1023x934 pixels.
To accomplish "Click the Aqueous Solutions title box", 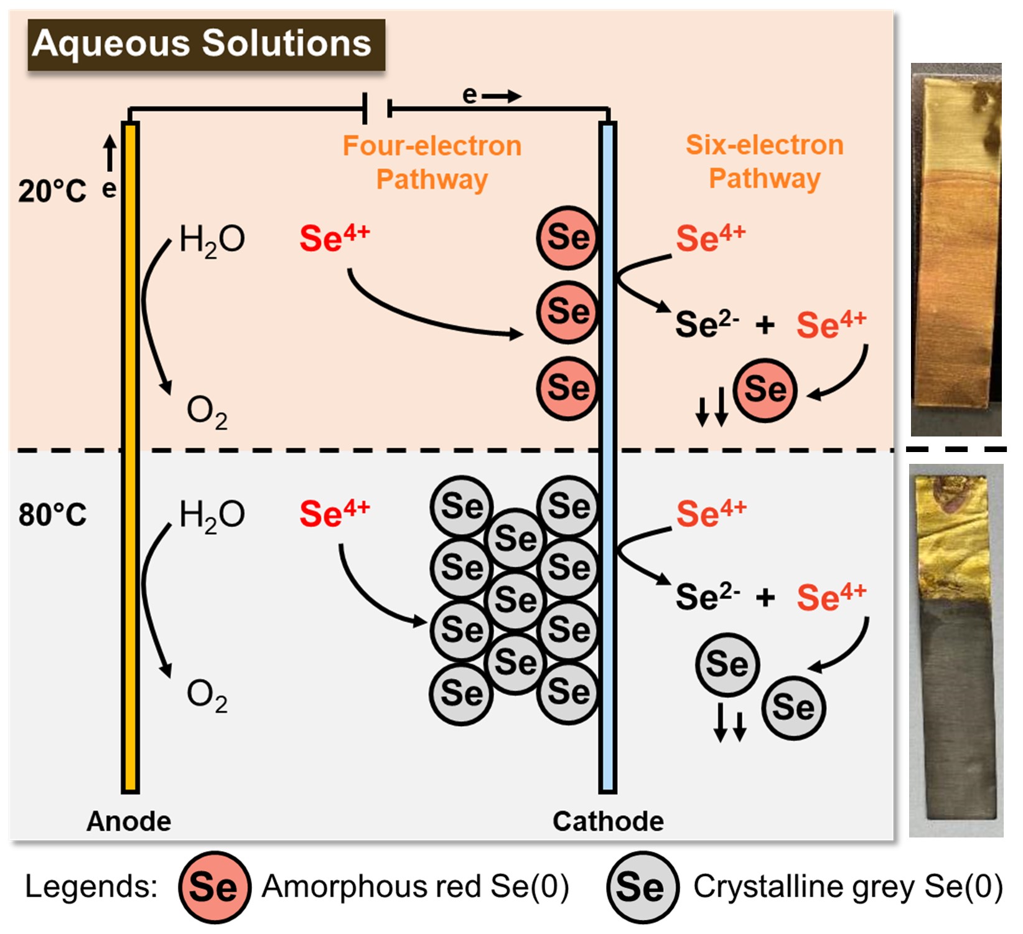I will click(x=206, y=44).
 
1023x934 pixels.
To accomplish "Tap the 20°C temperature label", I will click(x=52, y=191).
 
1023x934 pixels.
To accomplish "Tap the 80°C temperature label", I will click(x=52, y=515).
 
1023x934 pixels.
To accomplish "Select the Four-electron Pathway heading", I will click(x=432, y=162).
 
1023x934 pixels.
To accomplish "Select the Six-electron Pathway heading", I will click(x=765, y=161).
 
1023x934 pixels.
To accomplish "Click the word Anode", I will click(x=129, y=821).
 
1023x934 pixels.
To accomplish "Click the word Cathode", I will click(x=608, y=821).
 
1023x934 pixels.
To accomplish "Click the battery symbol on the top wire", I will click(x=377, y=108).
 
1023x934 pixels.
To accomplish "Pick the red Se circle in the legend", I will click(x=214, y=887).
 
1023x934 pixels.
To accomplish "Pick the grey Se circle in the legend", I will click(x=642, y=887).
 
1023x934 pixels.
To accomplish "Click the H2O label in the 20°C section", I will click(x=212, y=240).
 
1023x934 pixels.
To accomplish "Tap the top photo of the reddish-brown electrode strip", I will click(x=956, y=249).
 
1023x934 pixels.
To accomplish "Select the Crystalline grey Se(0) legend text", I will click(x=848, y=887).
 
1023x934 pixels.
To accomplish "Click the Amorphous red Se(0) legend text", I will click(x=415, y=887).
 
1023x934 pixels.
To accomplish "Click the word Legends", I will click(x=91, y=887).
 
